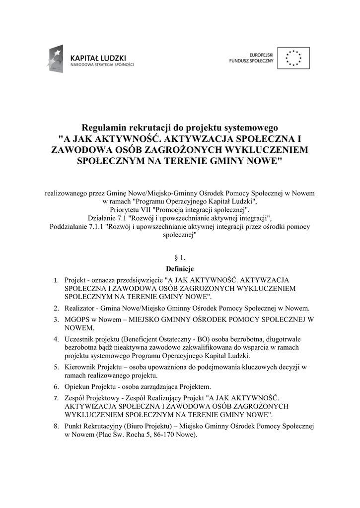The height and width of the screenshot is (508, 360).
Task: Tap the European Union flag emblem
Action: pos(293,58)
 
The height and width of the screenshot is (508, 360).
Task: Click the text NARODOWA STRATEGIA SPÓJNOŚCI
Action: pos(102,65)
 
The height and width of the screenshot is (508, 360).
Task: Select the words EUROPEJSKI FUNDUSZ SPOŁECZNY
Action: pos(252,58)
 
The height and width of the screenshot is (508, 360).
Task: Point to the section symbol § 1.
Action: pos(180,258)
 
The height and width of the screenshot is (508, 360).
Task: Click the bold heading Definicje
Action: pos(180,268)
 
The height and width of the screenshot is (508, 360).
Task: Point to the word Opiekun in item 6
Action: pos(77,386)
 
